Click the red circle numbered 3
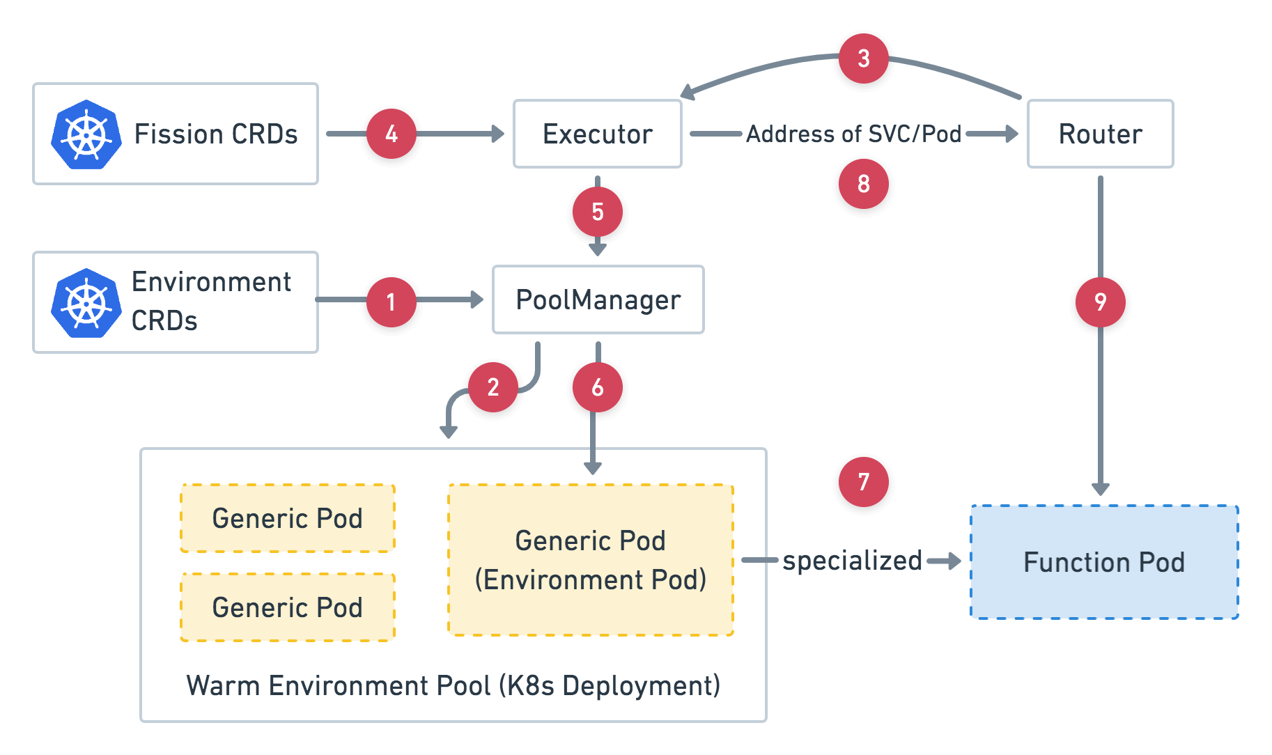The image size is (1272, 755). tap(863, 59)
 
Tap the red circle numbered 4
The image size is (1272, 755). tap(391, 134)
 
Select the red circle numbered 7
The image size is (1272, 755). tap(863, 481)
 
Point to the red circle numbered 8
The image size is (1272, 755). tap(863, 184)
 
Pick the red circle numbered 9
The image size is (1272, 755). tap(1100, 302)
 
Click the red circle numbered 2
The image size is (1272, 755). tap(493, 387)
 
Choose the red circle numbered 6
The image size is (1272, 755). tap(597, 387)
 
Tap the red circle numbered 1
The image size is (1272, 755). tap(391, 302)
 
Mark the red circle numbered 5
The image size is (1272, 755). tap(597, 212)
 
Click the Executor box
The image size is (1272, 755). tap(598, 134)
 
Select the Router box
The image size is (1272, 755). tap(1100, 134)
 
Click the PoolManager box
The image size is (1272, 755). tap(598, 299)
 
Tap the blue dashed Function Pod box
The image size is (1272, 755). tap(1104, 562)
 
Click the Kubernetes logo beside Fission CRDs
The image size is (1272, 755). tap(86, 134)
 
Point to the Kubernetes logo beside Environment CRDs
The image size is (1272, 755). tap(86, 303)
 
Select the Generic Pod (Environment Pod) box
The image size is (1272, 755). tap(590, 560)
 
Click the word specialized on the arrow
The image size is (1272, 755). tap(852, 560)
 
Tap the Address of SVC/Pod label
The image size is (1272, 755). tap(853, 134)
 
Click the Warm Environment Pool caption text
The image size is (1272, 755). tap(453, 685)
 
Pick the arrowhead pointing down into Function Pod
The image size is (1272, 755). tap(1100, 488)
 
